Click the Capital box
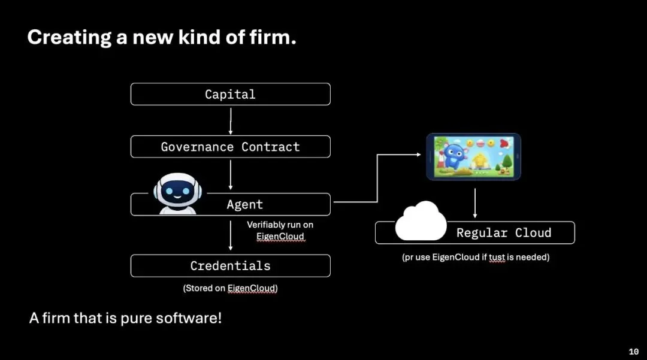pyautogui.click(x=230, y=94)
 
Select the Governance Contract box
pyautogui.click(x=230, y=147)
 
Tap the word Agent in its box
pyautogui.click(x=244, y=204)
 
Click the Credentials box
pyautogui.click(x=230, y=265)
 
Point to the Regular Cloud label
pyautogui.click(x=503, y=233)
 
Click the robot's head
pyautogui.click(x=176, y=190)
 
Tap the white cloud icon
pyautogui.click(x=421, y=222)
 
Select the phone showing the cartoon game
pyautogui.click(x=473, y=157)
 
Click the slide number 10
pyautogui.click(x=633, y=352)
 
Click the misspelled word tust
pyautogui.click(x=497, y=258)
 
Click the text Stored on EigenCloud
pyautogui.click(x=230, y=288)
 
